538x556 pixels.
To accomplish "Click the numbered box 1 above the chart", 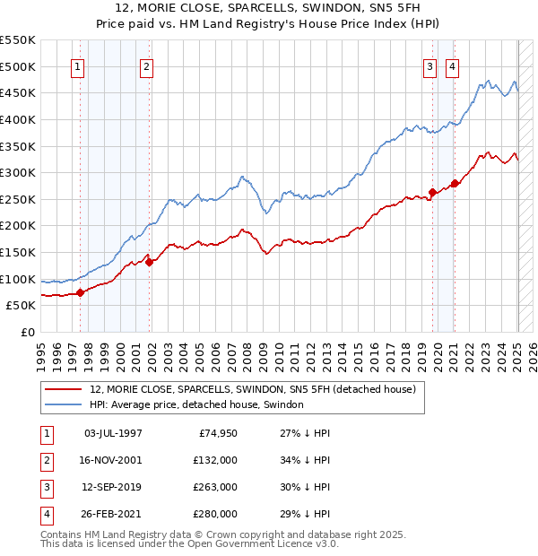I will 78,66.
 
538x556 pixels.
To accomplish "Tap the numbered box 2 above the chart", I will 146,66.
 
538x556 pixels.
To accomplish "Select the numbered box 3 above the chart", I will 430,66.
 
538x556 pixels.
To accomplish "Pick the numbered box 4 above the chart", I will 452,66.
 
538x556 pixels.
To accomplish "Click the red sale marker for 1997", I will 80,291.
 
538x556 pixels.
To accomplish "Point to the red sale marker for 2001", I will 150,262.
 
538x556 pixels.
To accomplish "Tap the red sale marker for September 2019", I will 432,192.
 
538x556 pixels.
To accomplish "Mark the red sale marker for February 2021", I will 455,183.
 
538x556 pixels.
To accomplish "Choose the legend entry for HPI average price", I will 196,405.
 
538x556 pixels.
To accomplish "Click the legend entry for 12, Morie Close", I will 252,390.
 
